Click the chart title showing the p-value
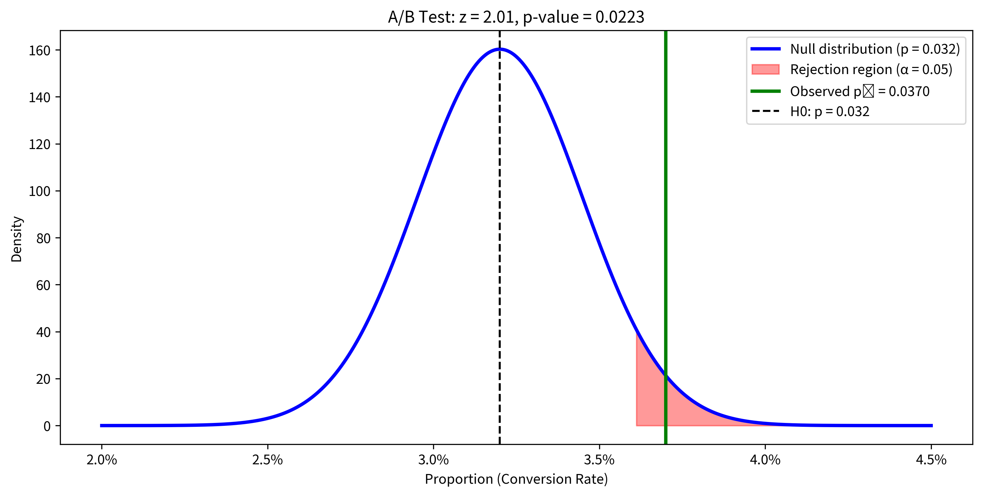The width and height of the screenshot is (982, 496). coord(516,17)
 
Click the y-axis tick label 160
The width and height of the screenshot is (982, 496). coord(39,50)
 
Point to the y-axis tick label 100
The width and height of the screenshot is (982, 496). coord(39,191)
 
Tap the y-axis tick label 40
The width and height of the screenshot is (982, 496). coord(43,332)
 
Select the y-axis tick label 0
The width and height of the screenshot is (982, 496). coord(47,426)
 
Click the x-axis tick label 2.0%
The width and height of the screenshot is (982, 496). coord(101,460)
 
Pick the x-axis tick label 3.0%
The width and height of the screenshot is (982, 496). coord(433,460)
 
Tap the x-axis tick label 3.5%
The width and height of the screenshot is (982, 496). coord(599,460)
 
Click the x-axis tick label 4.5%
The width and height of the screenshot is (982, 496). coord(931,460)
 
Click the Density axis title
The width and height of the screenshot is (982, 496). coord(17,239)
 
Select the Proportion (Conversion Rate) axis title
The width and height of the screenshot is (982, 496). coord(516,479)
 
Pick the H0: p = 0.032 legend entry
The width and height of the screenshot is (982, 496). coord(830,111)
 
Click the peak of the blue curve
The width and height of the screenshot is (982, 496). coord(499,49)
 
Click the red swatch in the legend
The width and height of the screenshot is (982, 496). coord(765,69)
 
